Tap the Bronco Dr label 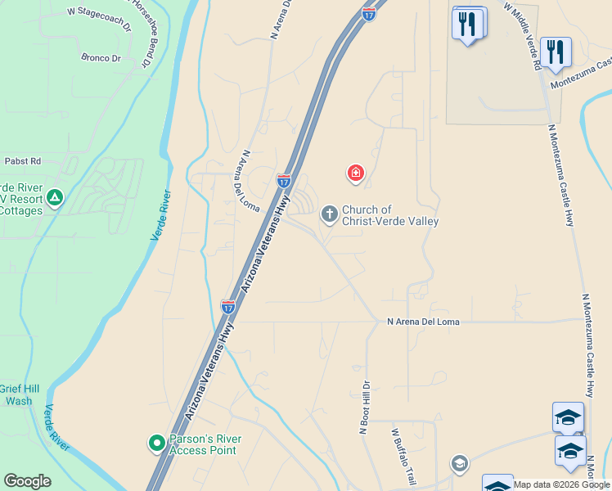click(101, 58)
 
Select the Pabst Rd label click(22, 161)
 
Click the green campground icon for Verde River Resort click(55, 198)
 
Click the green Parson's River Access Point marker click(155, 444)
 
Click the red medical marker click(355, 172)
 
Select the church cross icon click(329, 214)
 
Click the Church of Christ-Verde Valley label click(390, 215)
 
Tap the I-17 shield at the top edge click(369, 14)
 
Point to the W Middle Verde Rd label click(523, 34)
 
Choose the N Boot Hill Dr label click(365, 408)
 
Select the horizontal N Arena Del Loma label click(423, 322)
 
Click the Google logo click(27, 481)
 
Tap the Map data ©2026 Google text click(562, 484)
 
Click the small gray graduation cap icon click(459, 465)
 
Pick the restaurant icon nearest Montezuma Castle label click(556, 52)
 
